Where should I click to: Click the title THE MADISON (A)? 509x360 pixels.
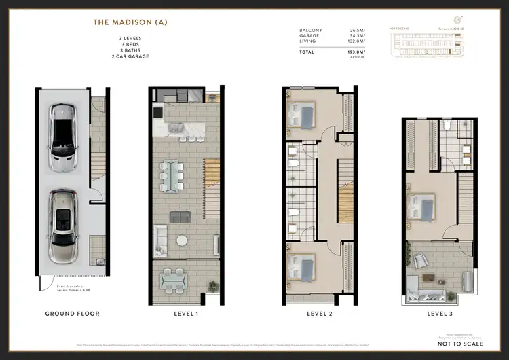130,22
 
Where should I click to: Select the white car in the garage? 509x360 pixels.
62,138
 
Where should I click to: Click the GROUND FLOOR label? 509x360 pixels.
72,314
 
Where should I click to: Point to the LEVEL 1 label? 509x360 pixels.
185,314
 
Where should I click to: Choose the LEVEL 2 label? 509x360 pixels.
320,314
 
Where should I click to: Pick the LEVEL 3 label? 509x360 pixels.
440,314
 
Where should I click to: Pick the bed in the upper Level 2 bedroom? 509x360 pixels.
303,116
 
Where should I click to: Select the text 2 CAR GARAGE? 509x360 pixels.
130,56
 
